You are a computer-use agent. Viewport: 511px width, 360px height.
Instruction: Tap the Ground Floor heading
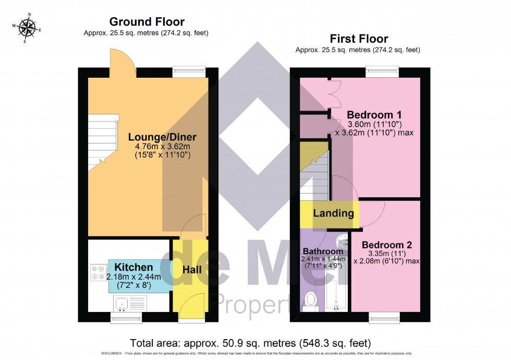147,21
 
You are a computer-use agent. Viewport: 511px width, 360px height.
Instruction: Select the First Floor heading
358,39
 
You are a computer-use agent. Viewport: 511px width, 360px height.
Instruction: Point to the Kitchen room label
133,267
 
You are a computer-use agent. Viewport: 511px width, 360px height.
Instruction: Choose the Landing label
333,213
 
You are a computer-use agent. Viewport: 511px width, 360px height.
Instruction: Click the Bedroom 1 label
374,115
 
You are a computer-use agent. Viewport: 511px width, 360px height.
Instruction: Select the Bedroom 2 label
387,245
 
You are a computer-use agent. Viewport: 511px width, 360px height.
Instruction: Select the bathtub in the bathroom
335,295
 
